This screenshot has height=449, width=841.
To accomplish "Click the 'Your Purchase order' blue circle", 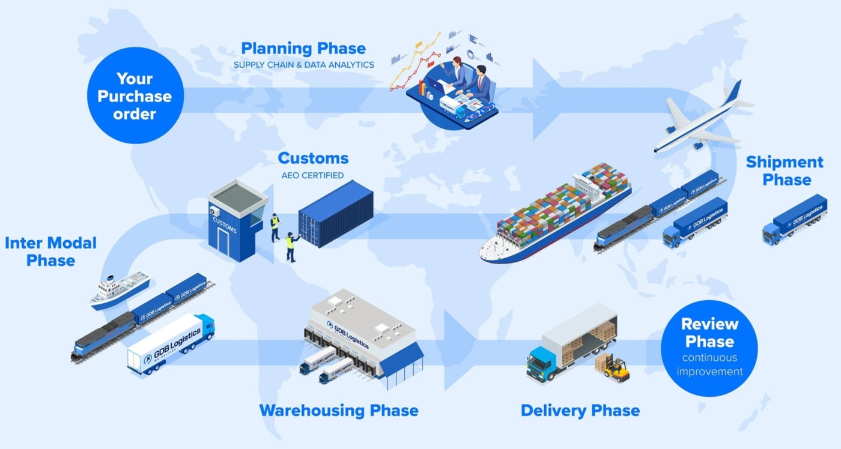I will (x=135, y=96).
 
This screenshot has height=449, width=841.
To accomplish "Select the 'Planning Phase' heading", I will (x=303, y=48).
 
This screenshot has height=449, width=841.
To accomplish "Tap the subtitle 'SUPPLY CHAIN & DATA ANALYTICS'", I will (x=303, y=65).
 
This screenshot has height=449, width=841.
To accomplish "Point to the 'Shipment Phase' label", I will (x=785, y=171).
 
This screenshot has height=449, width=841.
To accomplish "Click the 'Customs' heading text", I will (x=313, y=158).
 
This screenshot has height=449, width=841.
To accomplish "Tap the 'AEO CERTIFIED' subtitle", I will (x=313, y=176).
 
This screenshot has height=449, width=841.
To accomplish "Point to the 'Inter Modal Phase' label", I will (x=50, y=252).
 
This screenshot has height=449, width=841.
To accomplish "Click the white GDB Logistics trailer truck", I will (x=171, y=343).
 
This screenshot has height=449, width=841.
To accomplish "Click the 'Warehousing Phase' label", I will (x=338, y=411).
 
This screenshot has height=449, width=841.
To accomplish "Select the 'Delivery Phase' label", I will (x=580, y=411).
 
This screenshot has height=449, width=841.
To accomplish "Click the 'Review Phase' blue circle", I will (x=709, y=348).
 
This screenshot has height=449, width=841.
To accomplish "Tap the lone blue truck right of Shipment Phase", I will (x=794, y=220).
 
